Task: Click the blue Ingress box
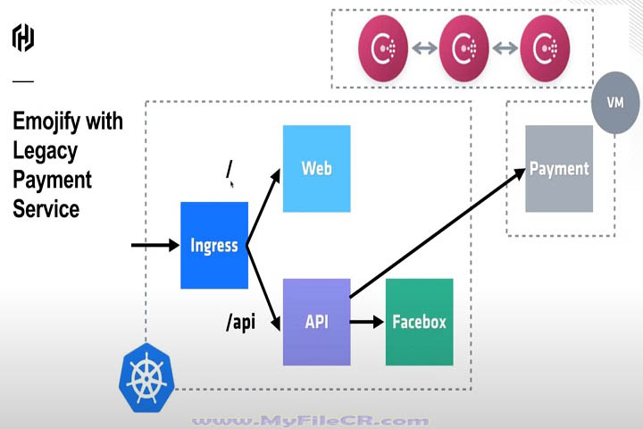coord(214,245)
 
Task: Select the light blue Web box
coord(316,168)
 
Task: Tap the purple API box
coord(316,322)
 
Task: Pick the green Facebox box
coord(419,322)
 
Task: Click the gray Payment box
coord(559,168)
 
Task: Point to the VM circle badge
coord(614,103)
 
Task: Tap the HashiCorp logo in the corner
coord(23,38)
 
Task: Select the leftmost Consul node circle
coord(383,46)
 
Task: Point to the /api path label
coord(240,322)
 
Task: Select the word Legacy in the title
coord(46,150)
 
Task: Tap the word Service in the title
coord(46,209)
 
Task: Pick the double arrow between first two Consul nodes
coord(423,46)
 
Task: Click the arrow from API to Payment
coord(438,232)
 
